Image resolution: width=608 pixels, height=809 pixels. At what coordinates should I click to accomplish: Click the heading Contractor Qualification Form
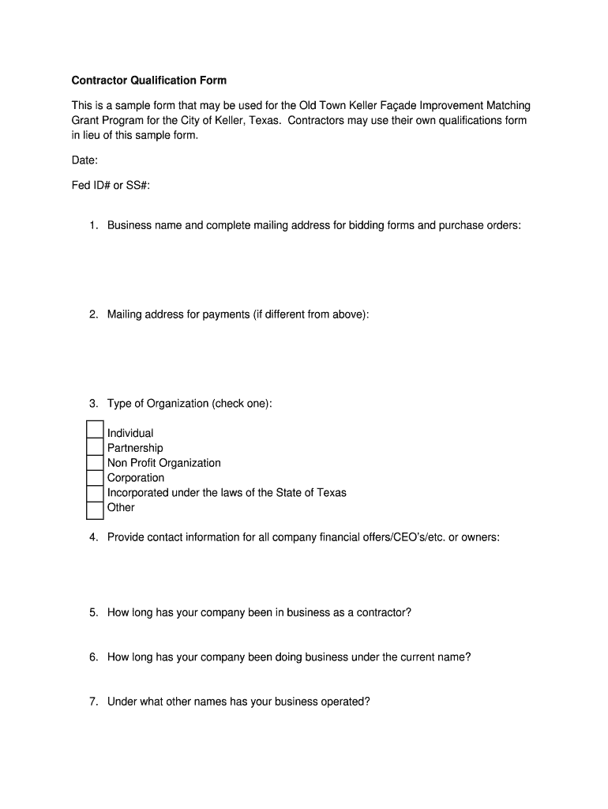[149, 81]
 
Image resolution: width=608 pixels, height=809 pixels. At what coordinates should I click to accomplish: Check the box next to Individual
[95, 431]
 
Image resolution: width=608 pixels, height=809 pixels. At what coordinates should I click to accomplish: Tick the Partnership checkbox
[95, 447]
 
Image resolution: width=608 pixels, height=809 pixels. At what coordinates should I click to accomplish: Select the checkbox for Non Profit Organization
[95, 463]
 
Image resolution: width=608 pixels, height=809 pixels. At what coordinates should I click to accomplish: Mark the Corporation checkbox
[95, 478]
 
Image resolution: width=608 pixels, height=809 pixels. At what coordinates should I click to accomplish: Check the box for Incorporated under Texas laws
[95, 493]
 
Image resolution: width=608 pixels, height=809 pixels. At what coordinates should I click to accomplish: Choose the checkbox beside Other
[95, 510]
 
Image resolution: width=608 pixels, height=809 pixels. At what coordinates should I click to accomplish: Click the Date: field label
[85, 160]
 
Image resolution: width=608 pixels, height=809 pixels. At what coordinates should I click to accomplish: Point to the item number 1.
[92, 226]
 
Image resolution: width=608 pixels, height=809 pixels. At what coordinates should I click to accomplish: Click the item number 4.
[92, 538]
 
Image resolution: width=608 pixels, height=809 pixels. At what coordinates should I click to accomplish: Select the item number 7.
[92, 702]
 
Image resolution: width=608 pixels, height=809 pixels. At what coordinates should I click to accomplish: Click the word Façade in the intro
[398, 106]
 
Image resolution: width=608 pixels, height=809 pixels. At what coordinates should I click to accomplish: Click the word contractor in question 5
[384, 613]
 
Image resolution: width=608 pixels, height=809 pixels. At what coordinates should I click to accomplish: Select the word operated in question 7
[345, 702]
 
